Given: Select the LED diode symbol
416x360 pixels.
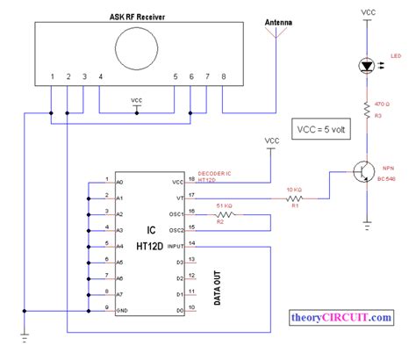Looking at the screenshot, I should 368,66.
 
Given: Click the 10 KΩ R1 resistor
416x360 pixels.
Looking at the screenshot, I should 294,198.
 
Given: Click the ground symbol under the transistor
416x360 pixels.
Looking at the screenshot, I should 368,230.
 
